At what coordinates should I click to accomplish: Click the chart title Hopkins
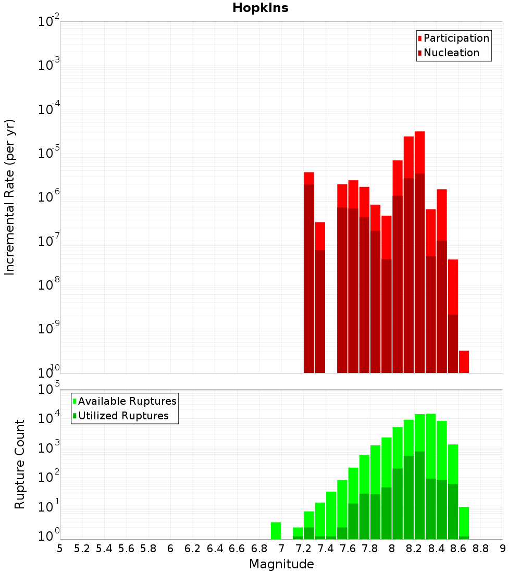(260, 8)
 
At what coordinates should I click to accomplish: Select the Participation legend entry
(456, 39)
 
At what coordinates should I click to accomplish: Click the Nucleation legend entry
(451, 53)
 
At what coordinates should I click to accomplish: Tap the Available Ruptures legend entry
(127, 401)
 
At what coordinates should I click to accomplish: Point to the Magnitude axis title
(281, 564)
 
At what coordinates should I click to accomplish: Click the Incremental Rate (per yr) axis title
(10, 197)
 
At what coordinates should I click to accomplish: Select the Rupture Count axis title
(20, 464)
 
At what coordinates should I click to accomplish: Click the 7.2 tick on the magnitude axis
(303, 548)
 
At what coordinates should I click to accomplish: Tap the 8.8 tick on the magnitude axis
(480, 548)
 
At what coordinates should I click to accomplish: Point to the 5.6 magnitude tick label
(126, 548)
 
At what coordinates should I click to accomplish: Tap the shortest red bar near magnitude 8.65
(464, 362)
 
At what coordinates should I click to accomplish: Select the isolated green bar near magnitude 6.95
(276, 531)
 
